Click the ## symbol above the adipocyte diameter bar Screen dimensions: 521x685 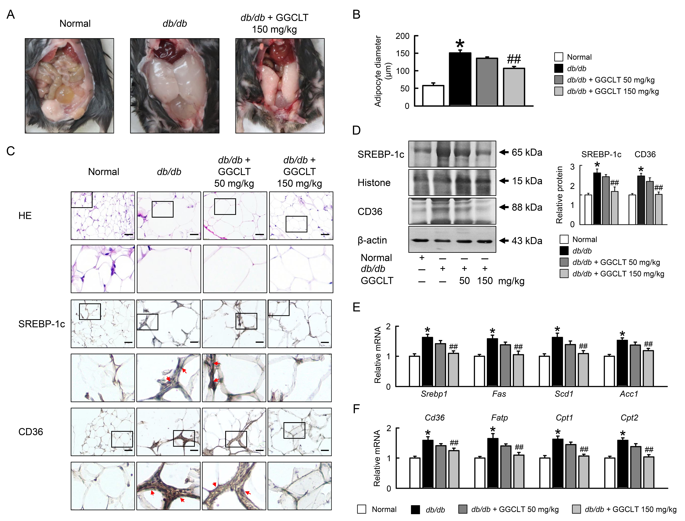pos(514,59)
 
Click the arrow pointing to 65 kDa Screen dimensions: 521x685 pos(504,152)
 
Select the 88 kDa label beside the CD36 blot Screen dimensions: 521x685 pos(527,207)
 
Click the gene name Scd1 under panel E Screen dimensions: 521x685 pos(564,394)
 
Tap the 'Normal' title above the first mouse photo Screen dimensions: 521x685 pos(75,24)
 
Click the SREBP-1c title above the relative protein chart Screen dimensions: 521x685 pos(601,154)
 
